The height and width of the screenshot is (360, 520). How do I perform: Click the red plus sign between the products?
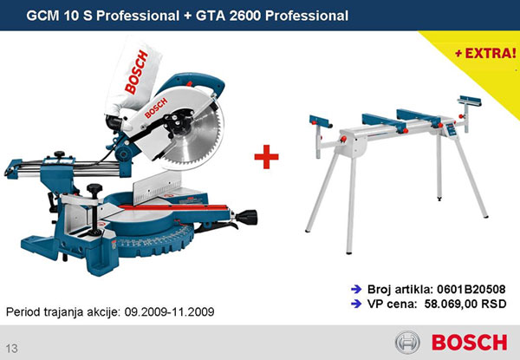click(x=266, y=157)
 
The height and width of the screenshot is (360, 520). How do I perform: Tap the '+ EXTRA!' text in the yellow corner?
click(x=485, y=53)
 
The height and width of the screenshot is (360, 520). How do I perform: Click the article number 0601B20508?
click(x=471, y=290)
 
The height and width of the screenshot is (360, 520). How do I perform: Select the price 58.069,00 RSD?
click(x=465, y=304)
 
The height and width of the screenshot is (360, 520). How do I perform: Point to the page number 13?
click(x=11, y=349)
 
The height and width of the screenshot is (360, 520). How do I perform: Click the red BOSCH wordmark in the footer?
click(x=469, y=343)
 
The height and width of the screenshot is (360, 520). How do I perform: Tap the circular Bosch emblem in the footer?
click(x=407, y=342)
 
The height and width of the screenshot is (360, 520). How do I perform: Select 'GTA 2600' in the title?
click(x=229, y=16)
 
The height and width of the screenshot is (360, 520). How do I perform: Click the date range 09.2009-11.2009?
click(x=169, y=312)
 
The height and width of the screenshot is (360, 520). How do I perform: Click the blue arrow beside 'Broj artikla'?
click(x=356, y=290)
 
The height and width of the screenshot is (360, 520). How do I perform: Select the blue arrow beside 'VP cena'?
click(x=356, y=304)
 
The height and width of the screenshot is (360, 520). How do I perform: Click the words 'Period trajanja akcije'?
click(x=62, y=312)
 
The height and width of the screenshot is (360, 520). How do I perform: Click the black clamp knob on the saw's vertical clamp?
click(x=94, y=189)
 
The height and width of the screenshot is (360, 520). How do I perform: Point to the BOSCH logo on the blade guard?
click(x=156, y=108)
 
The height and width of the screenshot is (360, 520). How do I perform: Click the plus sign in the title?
click(x=187, y=16)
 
